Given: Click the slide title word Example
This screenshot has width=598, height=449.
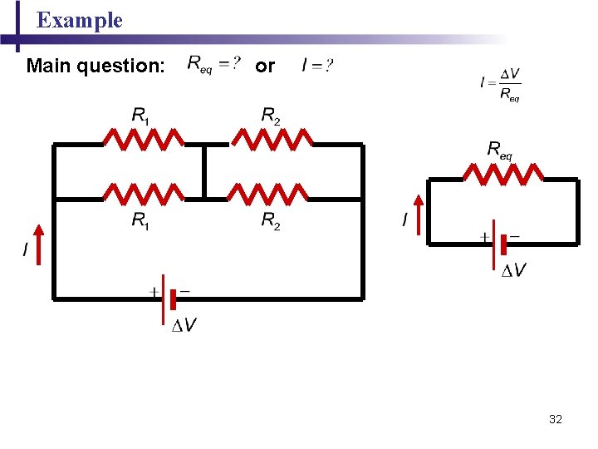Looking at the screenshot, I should coord(80,21).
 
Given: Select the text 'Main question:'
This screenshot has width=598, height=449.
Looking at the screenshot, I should coord(95,65).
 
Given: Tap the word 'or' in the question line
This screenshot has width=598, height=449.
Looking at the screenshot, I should coord(265,65).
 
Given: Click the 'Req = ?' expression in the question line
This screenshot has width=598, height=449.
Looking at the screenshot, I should coord(214,64).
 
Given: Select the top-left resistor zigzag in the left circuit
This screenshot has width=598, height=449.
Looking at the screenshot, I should coord(144,138).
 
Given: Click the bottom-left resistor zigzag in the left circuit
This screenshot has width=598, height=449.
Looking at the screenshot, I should coord(144,194).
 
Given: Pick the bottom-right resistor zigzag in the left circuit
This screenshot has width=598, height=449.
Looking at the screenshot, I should coord(267,194).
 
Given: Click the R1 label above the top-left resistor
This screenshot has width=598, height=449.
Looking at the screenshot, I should coord(141,116).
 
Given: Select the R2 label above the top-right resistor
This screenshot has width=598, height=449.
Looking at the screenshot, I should coord(271,116).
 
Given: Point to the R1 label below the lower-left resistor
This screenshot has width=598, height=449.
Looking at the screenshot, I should coord(141,221).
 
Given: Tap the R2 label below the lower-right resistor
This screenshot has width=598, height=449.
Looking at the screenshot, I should coord(271,221).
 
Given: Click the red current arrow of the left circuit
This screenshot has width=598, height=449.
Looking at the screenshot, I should coord(37,241).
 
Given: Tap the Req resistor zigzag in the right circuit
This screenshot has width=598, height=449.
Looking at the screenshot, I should coord(503,173).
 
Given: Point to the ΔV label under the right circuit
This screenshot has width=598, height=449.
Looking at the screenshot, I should coord(513,270).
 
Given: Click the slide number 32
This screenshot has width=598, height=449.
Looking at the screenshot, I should coord(556,419).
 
